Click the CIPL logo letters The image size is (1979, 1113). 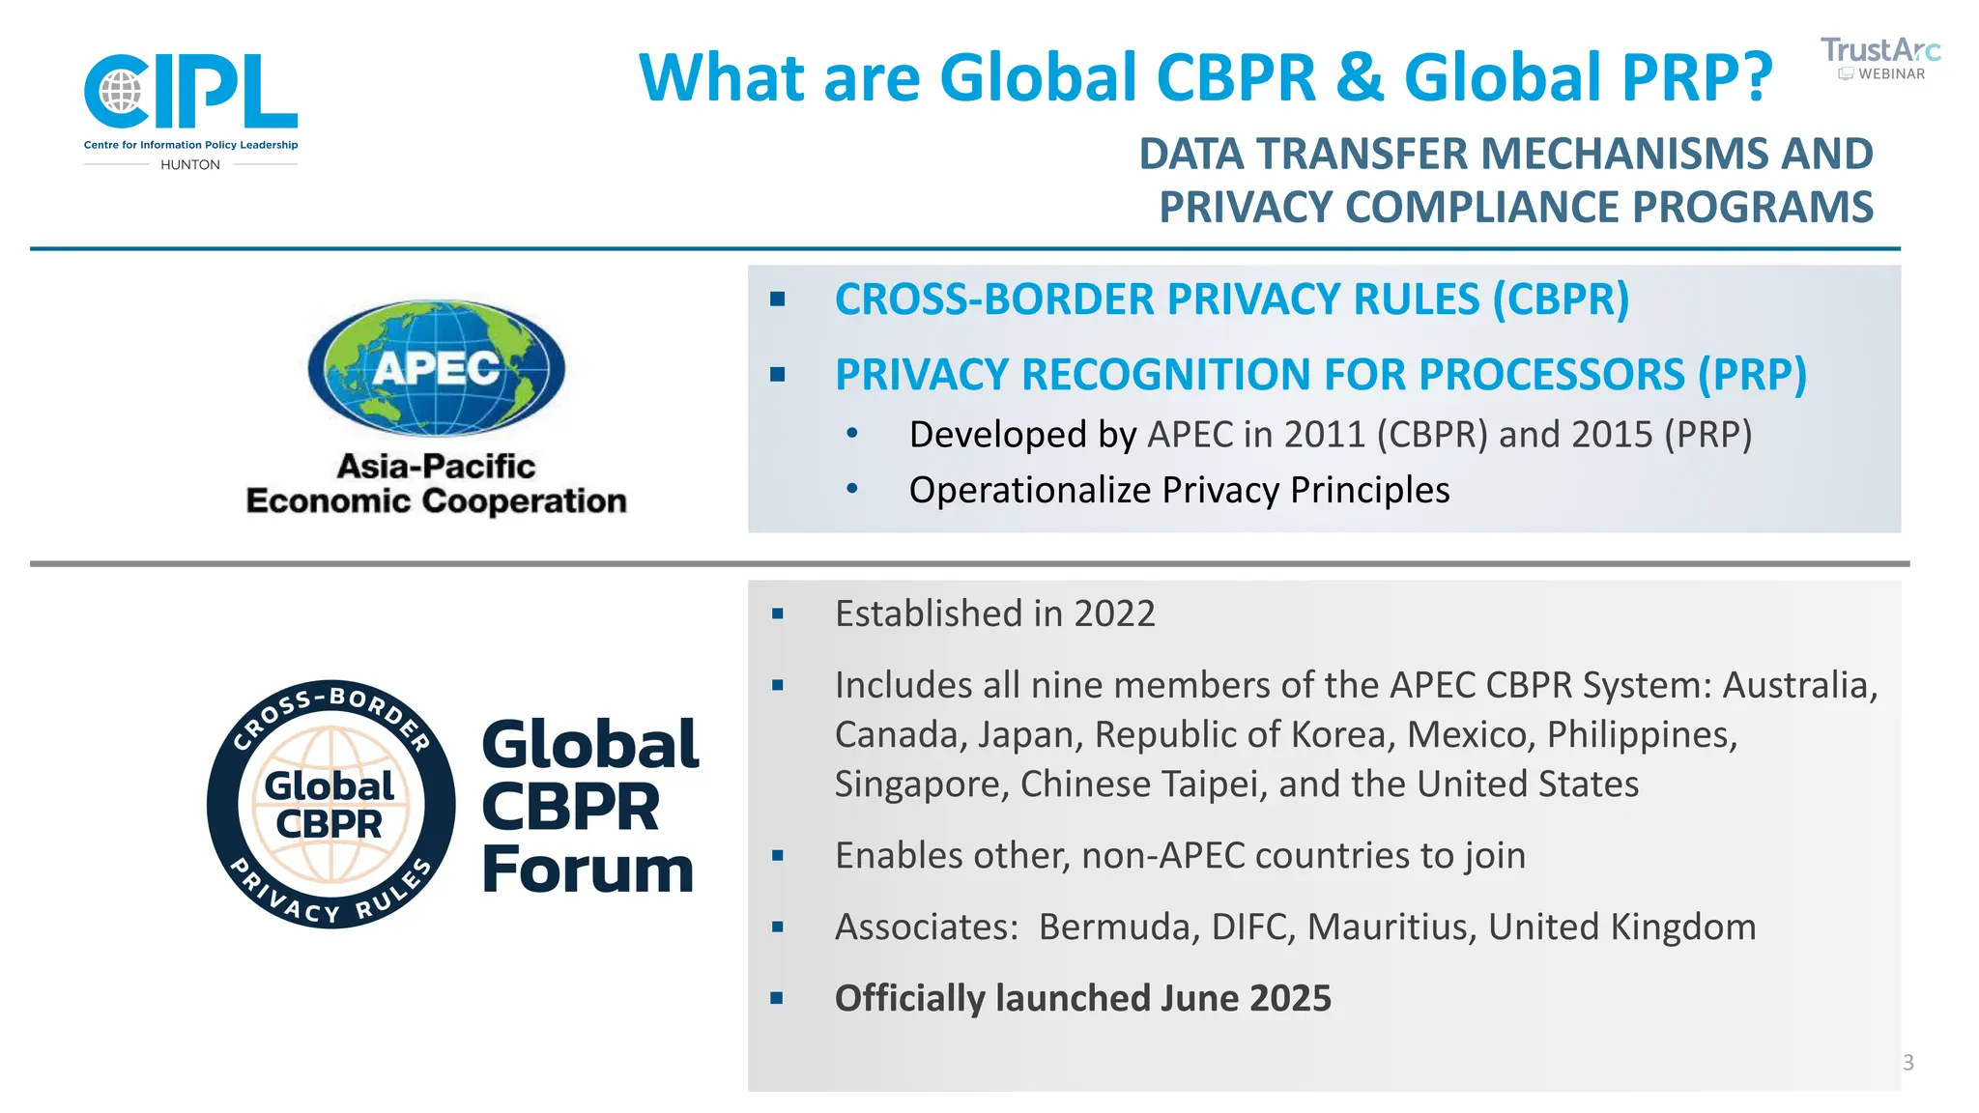tap(190, 91)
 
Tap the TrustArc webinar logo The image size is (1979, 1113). tap(1879, 58)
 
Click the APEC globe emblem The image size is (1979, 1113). tap(436, 367)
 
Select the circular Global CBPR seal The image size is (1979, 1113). tap(330, 804)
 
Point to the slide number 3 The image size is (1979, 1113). tap(1907, 1063)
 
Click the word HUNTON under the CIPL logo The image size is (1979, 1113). tap(190, 165)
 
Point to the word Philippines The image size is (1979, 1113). tap(1641, 734)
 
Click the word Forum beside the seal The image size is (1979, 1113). tap(588, 870)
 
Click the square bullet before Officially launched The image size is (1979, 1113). tap(777, 998)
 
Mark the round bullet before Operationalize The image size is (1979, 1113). tap(851, 489)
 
